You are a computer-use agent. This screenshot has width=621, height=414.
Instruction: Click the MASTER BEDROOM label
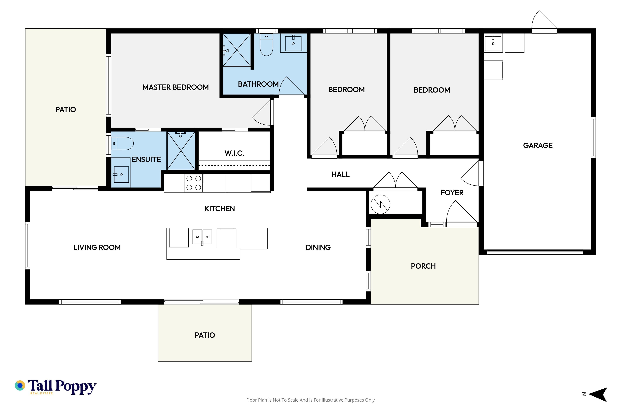tap(176, 87)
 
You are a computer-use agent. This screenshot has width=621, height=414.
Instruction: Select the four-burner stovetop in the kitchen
tap(194, 183)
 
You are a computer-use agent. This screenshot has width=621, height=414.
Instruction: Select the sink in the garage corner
tap(493, 43)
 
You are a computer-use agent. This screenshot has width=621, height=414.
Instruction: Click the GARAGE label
tap(538, 146)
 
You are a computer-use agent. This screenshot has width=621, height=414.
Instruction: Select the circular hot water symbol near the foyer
tap(381, 204)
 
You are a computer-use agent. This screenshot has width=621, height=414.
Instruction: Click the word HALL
tap(340, 174)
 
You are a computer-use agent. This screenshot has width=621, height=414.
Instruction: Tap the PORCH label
tap(423, 266)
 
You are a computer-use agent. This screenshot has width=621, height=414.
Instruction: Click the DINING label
tap(318, 248)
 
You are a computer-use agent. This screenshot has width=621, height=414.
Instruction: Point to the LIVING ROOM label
tap(97, 248)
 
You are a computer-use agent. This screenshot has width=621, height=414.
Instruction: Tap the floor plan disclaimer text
tap(310, 400)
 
